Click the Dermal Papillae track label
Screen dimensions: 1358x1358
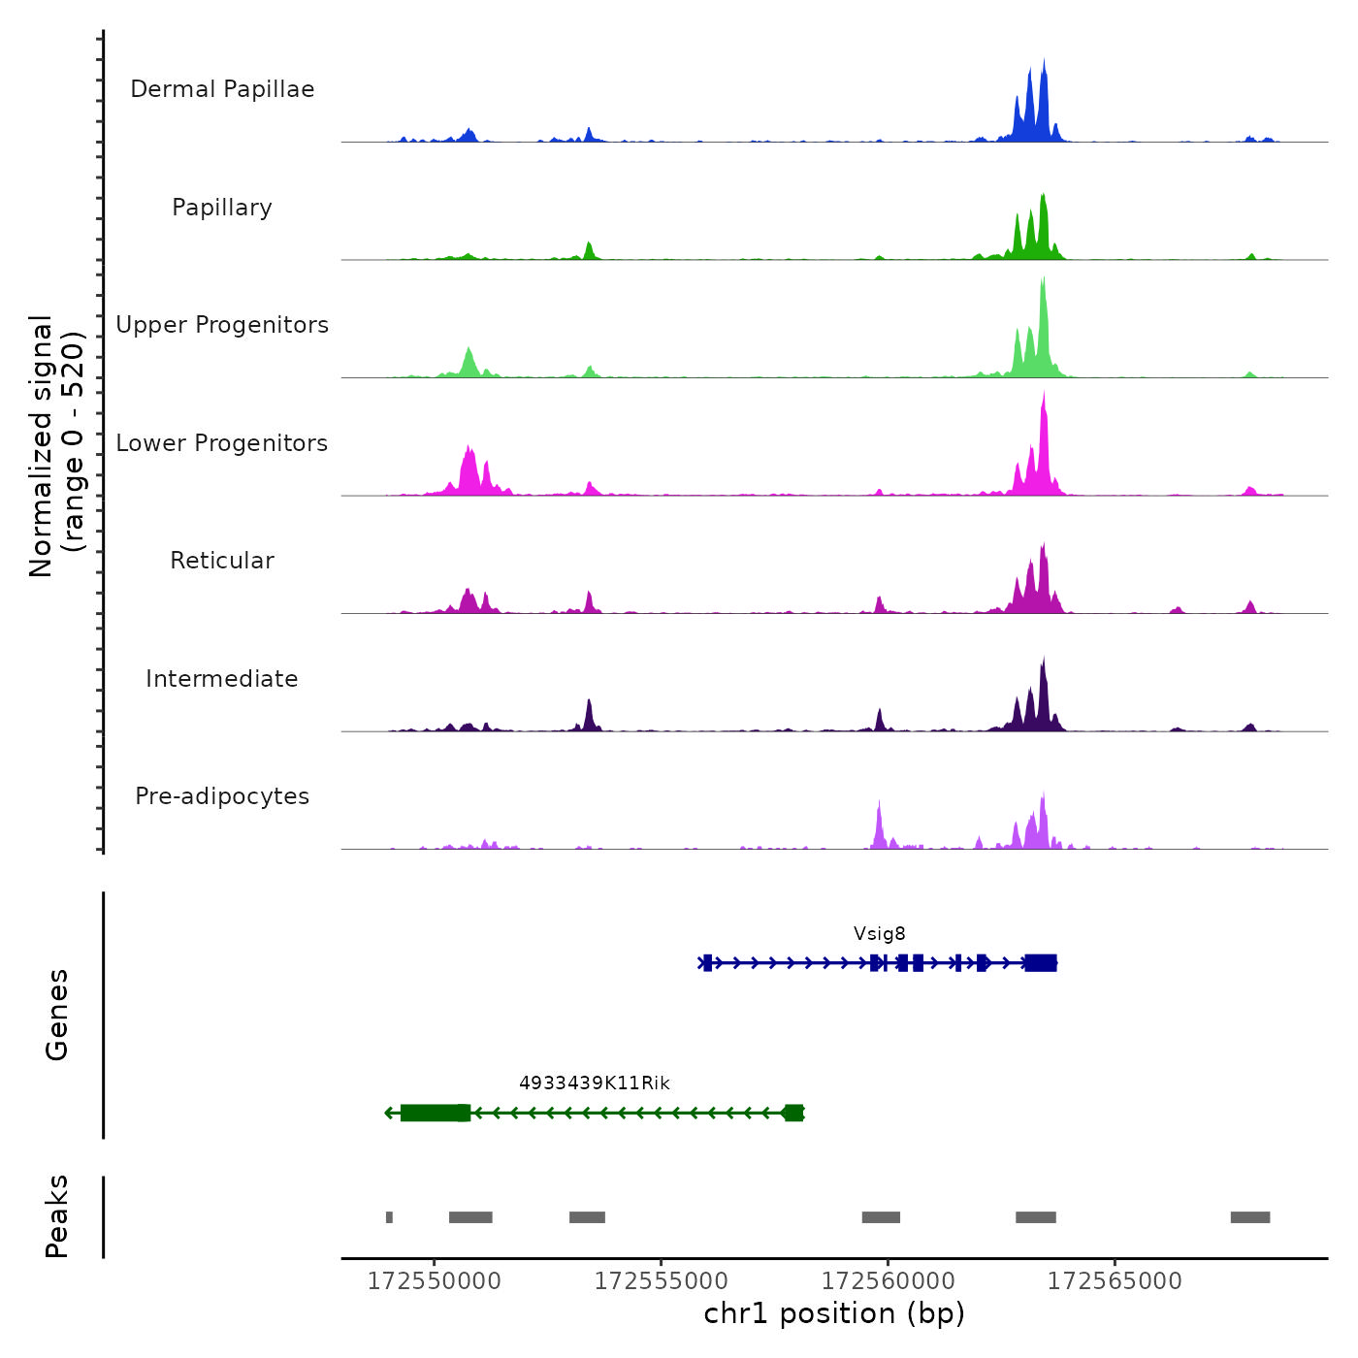click(222, 89)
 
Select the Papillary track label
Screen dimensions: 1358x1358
click(222, 208)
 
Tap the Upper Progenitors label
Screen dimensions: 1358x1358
click(222, 325)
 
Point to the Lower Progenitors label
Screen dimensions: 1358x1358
click(222, 443)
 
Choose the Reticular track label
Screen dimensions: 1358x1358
click(222, 561)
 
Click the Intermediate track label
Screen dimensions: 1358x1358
click(222, 679)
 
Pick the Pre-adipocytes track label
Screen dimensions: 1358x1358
click(222, 796)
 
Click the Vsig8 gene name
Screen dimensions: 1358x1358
click(880, 934)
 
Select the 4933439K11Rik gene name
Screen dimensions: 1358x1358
click(595, 1083)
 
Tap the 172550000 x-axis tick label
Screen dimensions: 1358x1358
click(435, 1281)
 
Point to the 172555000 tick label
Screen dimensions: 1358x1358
click(662, 1281)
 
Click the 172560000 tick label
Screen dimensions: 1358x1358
click(889, 1281)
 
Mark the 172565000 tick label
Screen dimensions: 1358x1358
click(1115, 1281)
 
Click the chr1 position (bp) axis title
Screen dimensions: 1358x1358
click(834, 1313)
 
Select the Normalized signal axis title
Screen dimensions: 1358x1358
click(56, 446)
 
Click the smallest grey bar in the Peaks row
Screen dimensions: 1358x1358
click(389, 1217)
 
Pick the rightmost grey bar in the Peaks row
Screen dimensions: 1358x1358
click(1250, 1217)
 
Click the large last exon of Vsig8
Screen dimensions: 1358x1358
click(1041, 962)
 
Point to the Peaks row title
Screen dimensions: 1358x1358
click(57, 1216)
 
